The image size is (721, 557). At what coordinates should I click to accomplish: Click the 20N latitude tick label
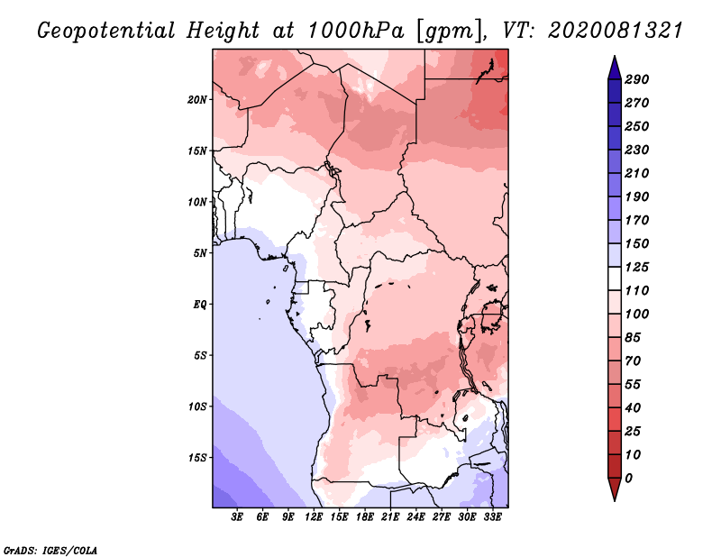[197, 100]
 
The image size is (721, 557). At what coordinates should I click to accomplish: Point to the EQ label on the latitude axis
[200, 305]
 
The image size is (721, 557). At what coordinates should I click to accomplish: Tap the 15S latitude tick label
[197, 458]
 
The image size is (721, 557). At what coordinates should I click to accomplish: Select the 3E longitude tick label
[237, 517]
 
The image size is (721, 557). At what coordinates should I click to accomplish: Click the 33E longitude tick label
[492, 517]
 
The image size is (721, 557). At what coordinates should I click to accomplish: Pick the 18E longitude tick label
[365, 517]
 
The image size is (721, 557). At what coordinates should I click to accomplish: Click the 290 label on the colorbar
[637, 79]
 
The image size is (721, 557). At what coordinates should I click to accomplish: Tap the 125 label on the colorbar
[637, 267]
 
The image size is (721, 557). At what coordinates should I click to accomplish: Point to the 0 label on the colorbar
[628, 479]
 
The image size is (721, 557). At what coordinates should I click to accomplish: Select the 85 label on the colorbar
[633, 338]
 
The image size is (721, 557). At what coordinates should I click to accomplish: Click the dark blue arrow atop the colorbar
[615, 68]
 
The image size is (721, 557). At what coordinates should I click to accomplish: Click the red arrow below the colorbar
[615, 489]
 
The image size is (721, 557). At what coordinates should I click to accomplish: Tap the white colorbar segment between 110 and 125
[615, 278]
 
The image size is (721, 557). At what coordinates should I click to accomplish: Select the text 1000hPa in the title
[356, 31]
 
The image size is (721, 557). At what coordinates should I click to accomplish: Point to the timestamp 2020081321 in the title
[616, 31]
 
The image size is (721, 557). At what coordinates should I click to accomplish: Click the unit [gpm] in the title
[450, 32]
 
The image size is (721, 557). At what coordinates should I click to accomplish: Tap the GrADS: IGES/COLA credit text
[50, 551]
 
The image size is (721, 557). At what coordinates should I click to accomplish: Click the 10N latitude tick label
[197, 202]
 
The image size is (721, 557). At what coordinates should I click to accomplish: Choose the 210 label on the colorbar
[637, 173]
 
